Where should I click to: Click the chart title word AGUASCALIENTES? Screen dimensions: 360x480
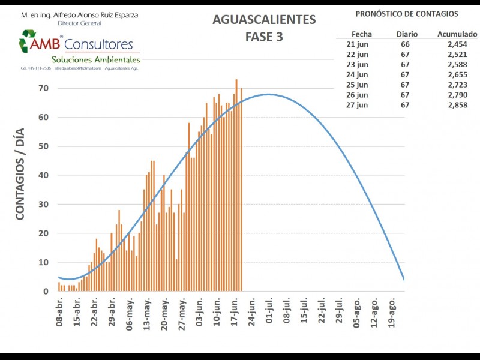point(264,20)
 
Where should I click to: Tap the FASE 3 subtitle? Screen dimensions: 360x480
point(264,37)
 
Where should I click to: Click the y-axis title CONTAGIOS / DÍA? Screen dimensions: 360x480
point(20,174)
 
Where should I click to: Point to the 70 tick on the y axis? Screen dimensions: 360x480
point(44,88)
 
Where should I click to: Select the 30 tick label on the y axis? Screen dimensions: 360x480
point(44,205)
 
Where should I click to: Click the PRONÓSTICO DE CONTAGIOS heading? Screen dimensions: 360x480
point(406,14)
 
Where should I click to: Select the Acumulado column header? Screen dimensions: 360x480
point(457,34)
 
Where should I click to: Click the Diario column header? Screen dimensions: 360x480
point(407,34)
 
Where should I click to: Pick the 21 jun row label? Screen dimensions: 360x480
point(358,44)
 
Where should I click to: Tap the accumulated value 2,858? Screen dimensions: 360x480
point(457,105)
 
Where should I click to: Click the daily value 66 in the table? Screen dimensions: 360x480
point(406,44)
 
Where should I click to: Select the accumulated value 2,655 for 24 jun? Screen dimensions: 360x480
point(457,74)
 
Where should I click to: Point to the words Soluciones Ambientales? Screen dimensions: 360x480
point(96,59)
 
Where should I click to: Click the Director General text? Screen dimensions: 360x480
point(80,23)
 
